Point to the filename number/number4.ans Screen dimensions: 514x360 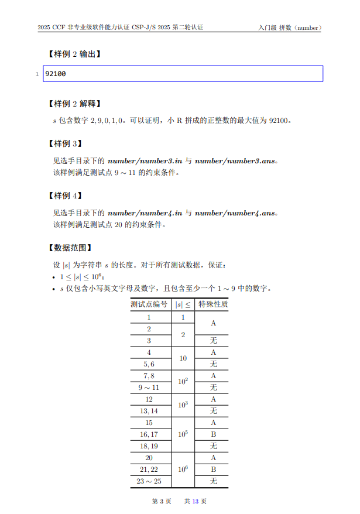pyautogui.click(x=235, y=213)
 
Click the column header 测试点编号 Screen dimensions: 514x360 pyautogui.click(x=149, y=304)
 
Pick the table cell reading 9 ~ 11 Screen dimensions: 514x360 pyautogui.click(x=149, y=387)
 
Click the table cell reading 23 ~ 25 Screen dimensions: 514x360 pyautogui.click(x=149, y=481)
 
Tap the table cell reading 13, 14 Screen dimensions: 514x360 pyautogui.click(x=149, y=410)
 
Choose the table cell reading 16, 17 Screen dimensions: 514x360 pyautogui.click(x=149, y=434)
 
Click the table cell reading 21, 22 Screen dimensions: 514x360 pyautogui.click(x=149, y=469)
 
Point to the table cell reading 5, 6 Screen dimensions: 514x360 pyautogui.click(x=149, y=364)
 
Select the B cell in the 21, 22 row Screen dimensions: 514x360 pyautogui.click(x=213, y=469)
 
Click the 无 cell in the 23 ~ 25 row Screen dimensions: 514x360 pyautogui.click(x=213, y=481)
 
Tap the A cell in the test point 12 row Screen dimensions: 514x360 pyautogui.click(x=213, y=399)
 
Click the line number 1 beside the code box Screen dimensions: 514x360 pyautogui.click(x=37, y=74)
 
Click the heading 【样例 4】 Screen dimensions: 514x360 pyautogui.click(x=66, y=196)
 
